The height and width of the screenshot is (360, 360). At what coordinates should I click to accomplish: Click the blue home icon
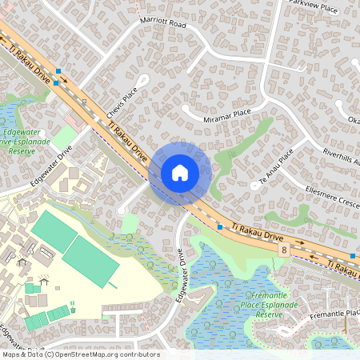[x=180, y=173]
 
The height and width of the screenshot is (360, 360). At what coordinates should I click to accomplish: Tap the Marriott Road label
[x=162, y=25]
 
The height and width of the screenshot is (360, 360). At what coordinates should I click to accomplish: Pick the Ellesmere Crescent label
[x=332, y=195]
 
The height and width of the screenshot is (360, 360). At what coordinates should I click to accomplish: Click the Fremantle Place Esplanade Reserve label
[x=268, y=305]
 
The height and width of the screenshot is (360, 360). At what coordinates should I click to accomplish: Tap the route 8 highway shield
[x=284, y=250]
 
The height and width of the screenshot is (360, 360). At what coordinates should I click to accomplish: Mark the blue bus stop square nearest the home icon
[x=220, y=227]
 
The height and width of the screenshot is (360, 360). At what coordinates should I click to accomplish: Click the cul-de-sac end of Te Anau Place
[x=254, y=186]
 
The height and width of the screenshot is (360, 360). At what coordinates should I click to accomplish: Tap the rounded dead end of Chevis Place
[x=145, y=79]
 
